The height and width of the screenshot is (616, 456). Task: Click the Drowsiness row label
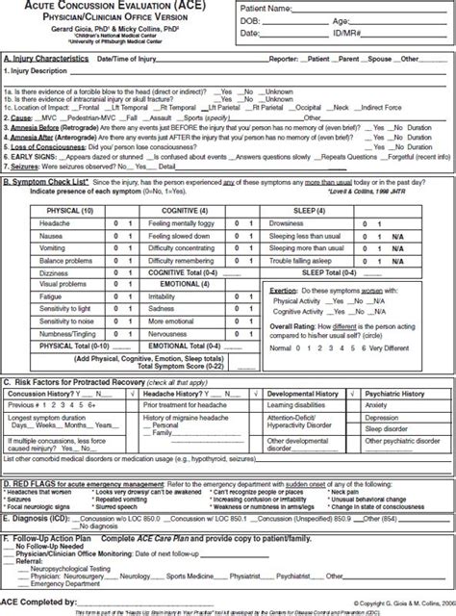point(289,222)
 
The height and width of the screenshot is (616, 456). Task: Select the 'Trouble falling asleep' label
point(300,260)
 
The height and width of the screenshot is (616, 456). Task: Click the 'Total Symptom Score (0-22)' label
point(180,368)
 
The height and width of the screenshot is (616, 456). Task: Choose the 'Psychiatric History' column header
point(399,394)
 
